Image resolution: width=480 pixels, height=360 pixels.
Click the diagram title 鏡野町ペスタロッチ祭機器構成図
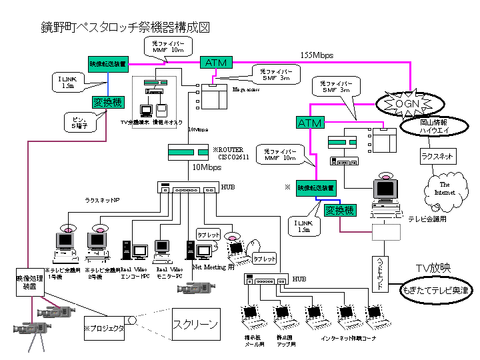click(x=126, y=28)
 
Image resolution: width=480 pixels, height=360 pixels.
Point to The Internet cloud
click(x=445, y=189)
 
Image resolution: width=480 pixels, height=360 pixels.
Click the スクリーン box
click(x=196, y=325)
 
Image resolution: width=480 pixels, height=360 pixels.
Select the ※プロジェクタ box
click(x=104, y=328)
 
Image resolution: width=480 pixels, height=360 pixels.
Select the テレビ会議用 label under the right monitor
click(x=426, y=218)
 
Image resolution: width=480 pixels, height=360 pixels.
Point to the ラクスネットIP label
click(x=103, y=199)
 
